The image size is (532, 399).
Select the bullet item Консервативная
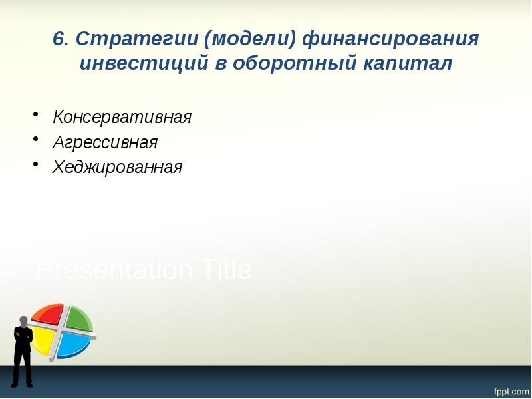click(x=122, y=118)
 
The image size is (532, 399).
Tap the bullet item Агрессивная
click(x=105, y=142)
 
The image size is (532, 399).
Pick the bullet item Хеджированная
click(x=117, y=167)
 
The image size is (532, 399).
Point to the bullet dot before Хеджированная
click(x=36, y=165)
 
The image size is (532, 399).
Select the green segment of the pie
click(x=78, y=318)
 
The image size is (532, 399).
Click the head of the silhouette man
click(x=23, y=321)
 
